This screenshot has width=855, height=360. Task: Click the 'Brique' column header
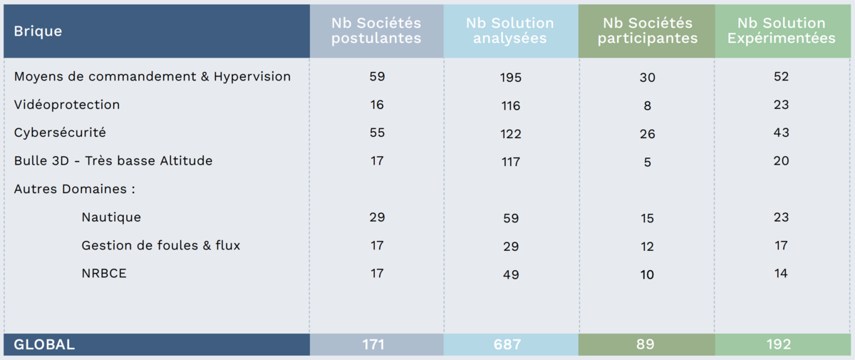(x=38, y=31)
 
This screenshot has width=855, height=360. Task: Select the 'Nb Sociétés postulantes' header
(x=376, y=31)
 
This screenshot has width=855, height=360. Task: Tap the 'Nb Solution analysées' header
(x=510, y=31)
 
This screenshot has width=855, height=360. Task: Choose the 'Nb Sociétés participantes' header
(x=647, y=31)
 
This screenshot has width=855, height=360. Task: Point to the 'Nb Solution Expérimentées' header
(x=781, y=31)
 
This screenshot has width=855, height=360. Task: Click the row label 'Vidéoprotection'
(x=67, y=105)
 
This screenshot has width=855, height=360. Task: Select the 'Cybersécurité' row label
(x=60, y=133)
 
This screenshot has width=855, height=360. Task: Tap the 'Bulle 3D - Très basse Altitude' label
(x=113, y=161)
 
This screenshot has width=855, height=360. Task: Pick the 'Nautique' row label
(x=111, y=217)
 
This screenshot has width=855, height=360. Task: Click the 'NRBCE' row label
(x=104, y=273)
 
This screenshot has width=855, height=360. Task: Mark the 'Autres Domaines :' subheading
(x=75, y=190)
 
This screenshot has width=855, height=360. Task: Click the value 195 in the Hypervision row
(x=511, y=78)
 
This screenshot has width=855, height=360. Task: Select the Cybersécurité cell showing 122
(x=511, y=134)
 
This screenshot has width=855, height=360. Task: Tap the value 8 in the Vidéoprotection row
(x=647, y=106)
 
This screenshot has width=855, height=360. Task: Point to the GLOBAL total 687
(x=511, y=345)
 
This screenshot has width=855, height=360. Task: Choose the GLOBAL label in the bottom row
(x=44, y=345)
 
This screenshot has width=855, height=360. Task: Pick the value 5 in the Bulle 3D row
(x=647, y=163)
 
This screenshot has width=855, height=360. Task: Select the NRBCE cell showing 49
(x=511, y=275)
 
